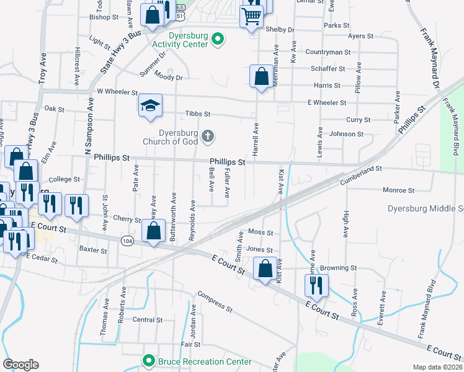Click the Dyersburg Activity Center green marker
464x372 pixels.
pyautogui.click(x=217, y=40)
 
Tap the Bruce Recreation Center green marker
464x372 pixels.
pyautogui.click(x=148, y=361)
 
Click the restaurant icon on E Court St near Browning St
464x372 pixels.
pyautogui.click(x=316, y=285)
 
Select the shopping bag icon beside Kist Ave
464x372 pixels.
pyautogui.click(x=265, y=268)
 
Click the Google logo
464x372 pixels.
pyautogui.click(x=20, y=365)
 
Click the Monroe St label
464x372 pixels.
pyautogui.click(x=398, y=190)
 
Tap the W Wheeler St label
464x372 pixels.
pyautogui.click(x=117, y=92)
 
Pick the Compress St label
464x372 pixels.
pyautogui.click(x=215, y=302)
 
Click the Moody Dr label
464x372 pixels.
pyautogui.click(x=169, y=77)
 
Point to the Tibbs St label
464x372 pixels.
pyautogui.click(x=199, y=114)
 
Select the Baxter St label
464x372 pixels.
pyautogui.click(x=94, y=250)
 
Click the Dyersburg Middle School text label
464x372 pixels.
pyautogui.click(x=426, y=208)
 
